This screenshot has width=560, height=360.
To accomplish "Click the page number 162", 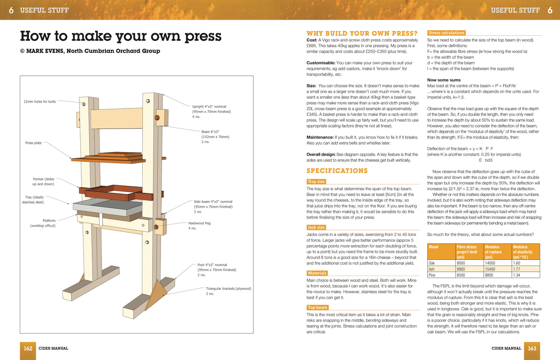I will [28, 348].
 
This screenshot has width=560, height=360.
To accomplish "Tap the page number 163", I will [532, 348].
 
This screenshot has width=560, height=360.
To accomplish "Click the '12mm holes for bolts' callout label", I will [40, 102].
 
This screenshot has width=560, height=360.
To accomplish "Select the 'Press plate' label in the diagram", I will [33, 143].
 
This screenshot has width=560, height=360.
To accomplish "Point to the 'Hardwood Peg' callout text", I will [199, 223].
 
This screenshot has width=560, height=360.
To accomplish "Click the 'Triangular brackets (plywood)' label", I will [228, 289].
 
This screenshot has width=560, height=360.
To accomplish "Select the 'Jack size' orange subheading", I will [316, 227].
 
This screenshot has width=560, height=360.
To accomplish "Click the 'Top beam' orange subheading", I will [317, 308].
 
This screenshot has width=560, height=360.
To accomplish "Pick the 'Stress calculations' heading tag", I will [446, 33].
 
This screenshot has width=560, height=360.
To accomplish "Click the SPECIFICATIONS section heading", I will [337, 171].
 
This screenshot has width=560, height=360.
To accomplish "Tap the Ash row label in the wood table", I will [432, 269].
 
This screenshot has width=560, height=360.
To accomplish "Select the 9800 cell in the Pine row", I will [489, 275].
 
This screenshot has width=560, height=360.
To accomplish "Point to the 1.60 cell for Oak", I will [517, 263].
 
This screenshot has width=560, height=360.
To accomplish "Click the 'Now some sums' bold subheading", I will [444, 80].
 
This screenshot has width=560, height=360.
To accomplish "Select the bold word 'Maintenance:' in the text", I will [320, 137].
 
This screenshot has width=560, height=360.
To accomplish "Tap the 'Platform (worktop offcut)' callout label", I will [43, 223].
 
